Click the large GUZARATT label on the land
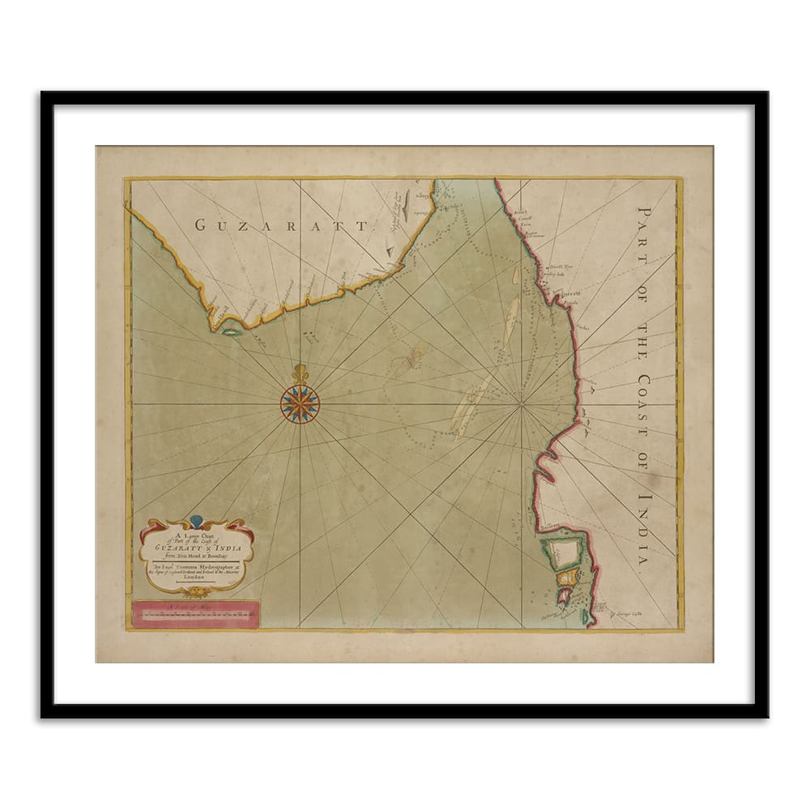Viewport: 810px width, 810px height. point(281,225)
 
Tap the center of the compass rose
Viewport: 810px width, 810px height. point(300,403)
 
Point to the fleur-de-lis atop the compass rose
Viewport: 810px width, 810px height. point(301,374)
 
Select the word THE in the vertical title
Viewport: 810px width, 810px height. point(646,328)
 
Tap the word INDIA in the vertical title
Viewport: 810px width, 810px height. point(646,531)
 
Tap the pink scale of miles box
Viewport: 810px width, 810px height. point(195,614)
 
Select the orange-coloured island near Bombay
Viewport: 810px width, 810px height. point(569,576)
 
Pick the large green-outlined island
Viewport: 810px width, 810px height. point(564,552)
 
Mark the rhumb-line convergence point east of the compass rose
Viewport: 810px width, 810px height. point(522,403)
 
